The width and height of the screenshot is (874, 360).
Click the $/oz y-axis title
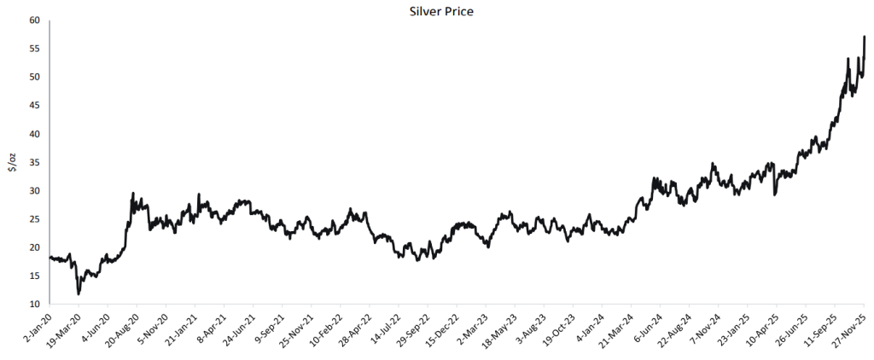(13, 162)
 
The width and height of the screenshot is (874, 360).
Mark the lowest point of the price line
(79, 294)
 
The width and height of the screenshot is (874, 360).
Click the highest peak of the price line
(865, 37)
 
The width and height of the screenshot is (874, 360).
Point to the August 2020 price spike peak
(133, 193)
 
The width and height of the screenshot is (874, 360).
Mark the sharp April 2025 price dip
(775, 195)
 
